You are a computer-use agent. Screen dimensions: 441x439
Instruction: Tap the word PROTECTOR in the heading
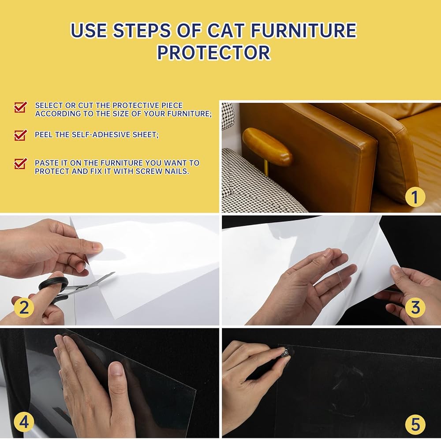coord(214,52)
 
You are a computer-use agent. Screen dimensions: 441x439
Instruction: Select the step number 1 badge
coord(415,197)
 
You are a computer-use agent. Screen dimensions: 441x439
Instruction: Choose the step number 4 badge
coord(24,422)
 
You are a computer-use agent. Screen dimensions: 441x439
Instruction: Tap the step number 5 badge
coord(415,424)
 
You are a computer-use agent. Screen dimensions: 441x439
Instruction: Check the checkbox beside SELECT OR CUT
coord(21,107)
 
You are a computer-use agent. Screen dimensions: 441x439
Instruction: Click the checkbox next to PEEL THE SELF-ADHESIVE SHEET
coord(21,135)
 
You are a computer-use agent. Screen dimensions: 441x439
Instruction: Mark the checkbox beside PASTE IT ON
coord(21,164)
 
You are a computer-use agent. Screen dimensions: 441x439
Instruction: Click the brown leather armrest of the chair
coord(267,146)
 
